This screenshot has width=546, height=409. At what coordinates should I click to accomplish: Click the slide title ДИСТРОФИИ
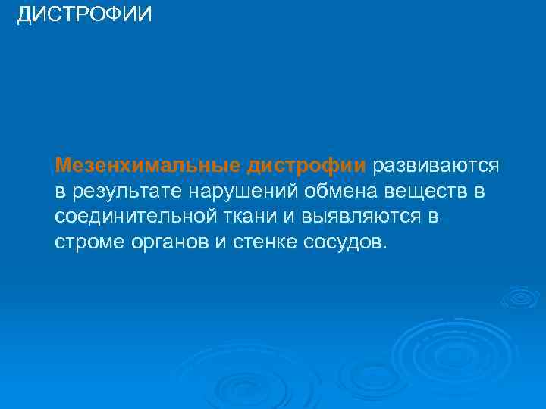coord(84,14)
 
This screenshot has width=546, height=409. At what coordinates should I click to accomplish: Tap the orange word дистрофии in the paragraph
coord(306,165)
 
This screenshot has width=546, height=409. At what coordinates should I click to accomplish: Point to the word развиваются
coord(435,165)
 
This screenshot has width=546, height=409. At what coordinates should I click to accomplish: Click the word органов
coord(167,242)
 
